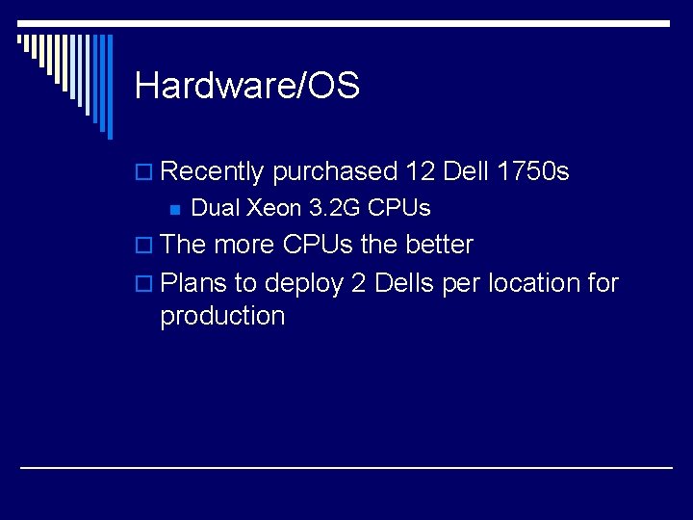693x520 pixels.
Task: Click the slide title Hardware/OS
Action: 247,87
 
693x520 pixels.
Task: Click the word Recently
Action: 212,172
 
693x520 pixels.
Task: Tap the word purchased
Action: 335,172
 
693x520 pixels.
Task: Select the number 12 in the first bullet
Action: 421,172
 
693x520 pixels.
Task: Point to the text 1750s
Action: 533,172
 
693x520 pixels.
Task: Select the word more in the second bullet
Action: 244,245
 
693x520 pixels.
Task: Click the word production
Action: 222,317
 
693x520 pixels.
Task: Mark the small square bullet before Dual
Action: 175,209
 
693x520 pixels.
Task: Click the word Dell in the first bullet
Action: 466,172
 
